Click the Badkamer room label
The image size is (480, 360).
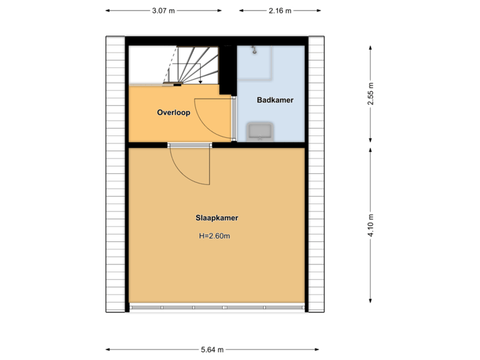(275, 100)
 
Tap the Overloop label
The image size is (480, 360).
(173, 113)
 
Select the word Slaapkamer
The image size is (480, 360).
(217, 218)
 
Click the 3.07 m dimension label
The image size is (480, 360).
(164, 11)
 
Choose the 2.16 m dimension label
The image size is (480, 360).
(280, 11)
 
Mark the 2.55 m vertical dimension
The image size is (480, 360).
(371, 94)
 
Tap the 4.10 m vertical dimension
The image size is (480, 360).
(371, 225)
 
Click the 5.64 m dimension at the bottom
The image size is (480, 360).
(212, 349)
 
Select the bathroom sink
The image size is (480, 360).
(259, 131)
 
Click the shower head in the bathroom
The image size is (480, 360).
(255, 49)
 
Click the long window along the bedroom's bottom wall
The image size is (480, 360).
(217, 307)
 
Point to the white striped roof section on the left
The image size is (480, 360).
(115, 173)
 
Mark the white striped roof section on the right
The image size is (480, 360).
(315, 173)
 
